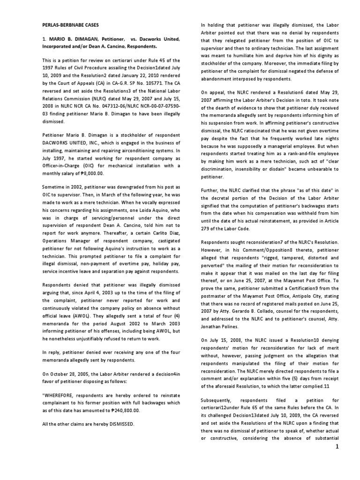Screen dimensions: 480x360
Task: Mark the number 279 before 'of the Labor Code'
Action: [206, 229]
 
